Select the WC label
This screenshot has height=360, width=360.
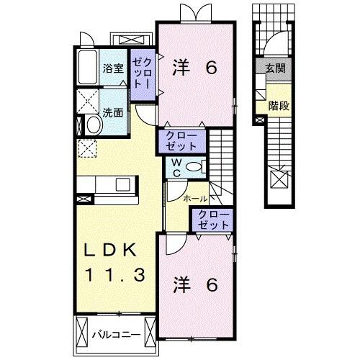click(175, 168)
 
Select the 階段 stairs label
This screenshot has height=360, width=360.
click(278, 105)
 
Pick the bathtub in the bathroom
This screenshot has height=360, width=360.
click(87, 68)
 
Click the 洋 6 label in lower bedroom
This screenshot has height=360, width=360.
click(194, 285)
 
